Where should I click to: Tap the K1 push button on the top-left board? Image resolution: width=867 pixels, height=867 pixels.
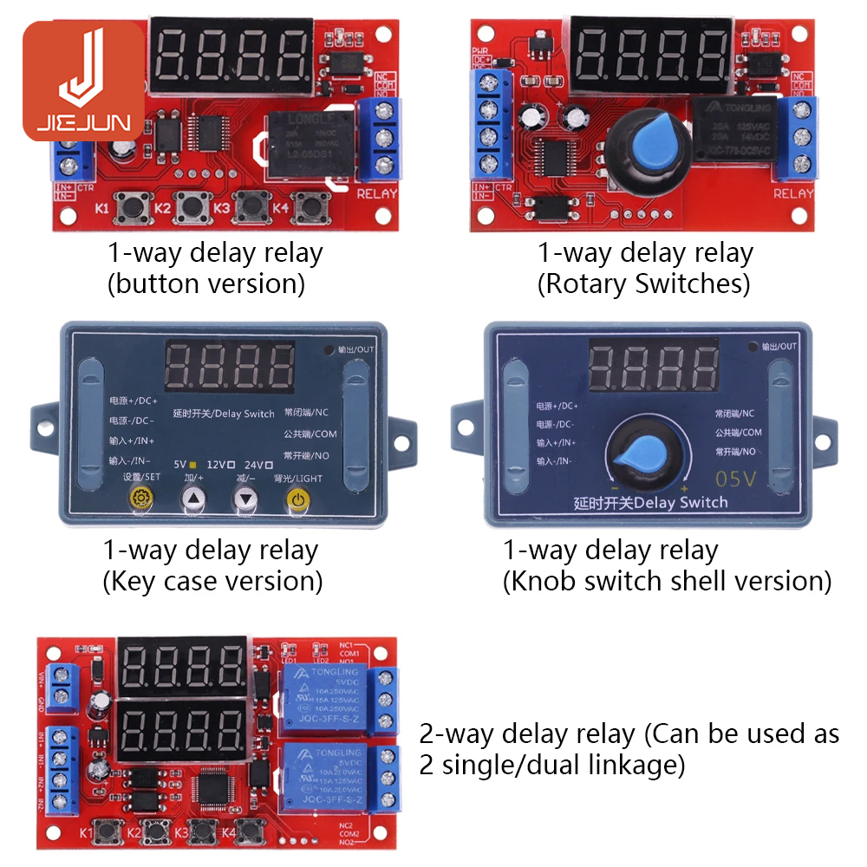pos(133,207)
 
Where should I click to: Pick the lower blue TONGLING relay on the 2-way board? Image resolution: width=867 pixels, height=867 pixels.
pos(322,776)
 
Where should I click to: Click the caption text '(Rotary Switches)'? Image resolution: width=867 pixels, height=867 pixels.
pos(643,284)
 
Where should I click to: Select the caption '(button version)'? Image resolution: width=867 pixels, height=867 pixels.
pos(206,284)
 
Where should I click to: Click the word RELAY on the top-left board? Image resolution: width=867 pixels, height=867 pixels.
pos(377,194)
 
